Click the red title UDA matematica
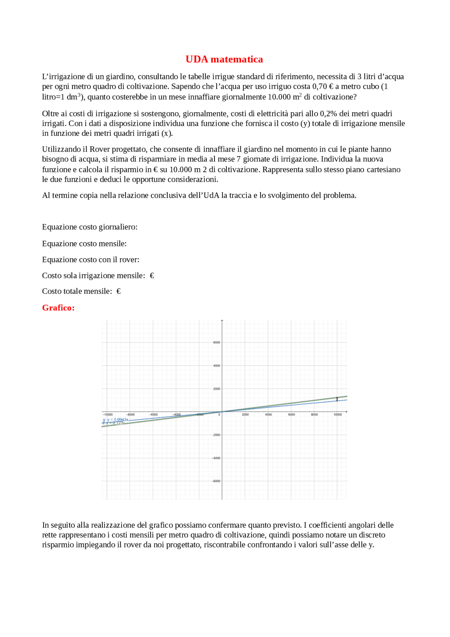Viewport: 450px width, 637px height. click(224, 59)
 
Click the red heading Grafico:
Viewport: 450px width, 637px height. click(58, 308)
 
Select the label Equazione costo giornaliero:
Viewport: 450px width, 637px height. click(90, 227)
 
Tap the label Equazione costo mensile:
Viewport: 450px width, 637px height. click(84, 243)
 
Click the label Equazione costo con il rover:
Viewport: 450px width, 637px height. click(90, 260)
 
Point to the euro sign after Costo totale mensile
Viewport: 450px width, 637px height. click(118, 291)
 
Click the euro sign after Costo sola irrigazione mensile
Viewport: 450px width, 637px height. click(152, 275)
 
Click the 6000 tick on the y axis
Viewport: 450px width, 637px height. click(217, 342)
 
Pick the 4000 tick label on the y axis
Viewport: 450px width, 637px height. click(217, 365)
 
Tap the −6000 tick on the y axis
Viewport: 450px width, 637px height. click(216, 481)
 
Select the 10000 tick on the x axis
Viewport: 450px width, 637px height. click(337, 415)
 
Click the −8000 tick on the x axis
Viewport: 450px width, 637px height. click(130, 415)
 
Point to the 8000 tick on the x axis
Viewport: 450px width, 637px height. click(314, 415)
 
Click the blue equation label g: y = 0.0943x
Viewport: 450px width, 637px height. click(116, 419)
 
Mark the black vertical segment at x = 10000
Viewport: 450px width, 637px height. click(337, 399)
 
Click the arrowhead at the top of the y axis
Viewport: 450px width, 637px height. click(222, 321)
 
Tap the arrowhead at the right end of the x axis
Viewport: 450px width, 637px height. click(346, 412)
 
